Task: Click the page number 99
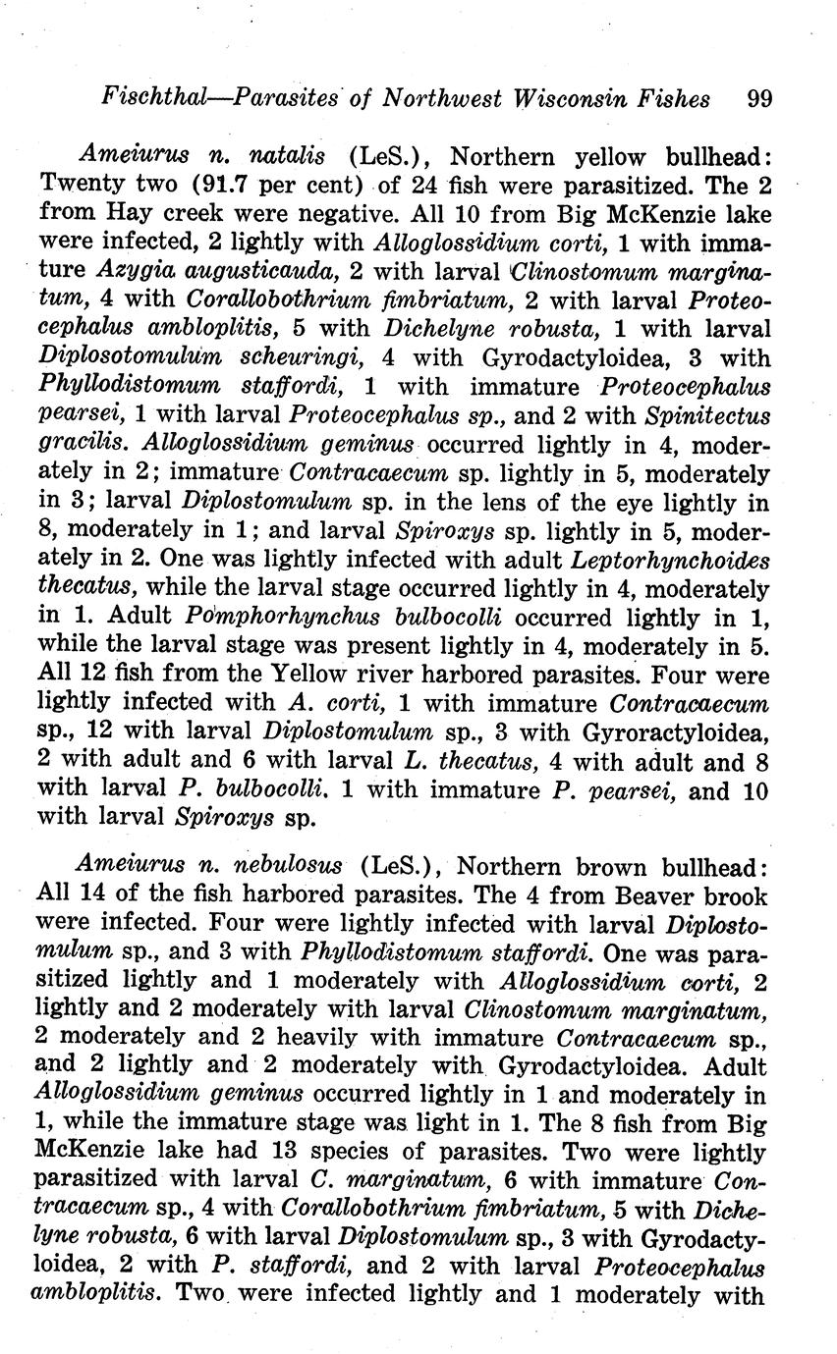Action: [759, 98]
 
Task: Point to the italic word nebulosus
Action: [294, 867]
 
